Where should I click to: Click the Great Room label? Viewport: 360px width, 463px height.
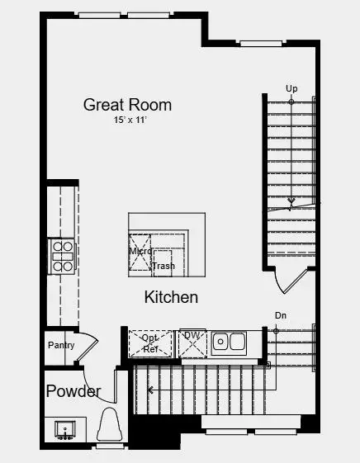[x=127, y=105]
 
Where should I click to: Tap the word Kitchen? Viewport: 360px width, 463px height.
[x=171, y=297]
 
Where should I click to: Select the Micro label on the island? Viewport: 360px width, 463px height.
[x=140, y=251]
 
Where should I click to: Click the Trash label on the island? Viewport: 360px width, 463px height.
[x=163, y=266]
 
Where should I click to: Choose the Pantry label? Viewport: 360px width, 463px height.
[x=61, y=345]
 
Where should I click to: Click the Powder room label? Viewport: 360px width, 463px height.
[x=73, y=391]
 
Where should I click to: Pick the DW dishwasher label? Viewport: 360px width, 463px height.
[x=192, y=335]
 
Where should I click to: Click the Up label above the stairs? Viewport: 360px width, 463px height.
[x=291, y=88]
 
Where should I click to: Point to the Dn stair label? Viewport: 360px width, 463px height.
[x=281, y=315]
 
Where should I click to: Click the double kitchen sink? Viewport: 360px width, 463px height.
[x=229, y=342]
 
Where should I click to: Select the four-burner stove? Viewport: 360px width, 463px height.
[x=62, y=255]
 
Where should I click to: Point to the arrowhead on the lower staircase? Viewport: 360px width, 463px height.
[x=150, y=388]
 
